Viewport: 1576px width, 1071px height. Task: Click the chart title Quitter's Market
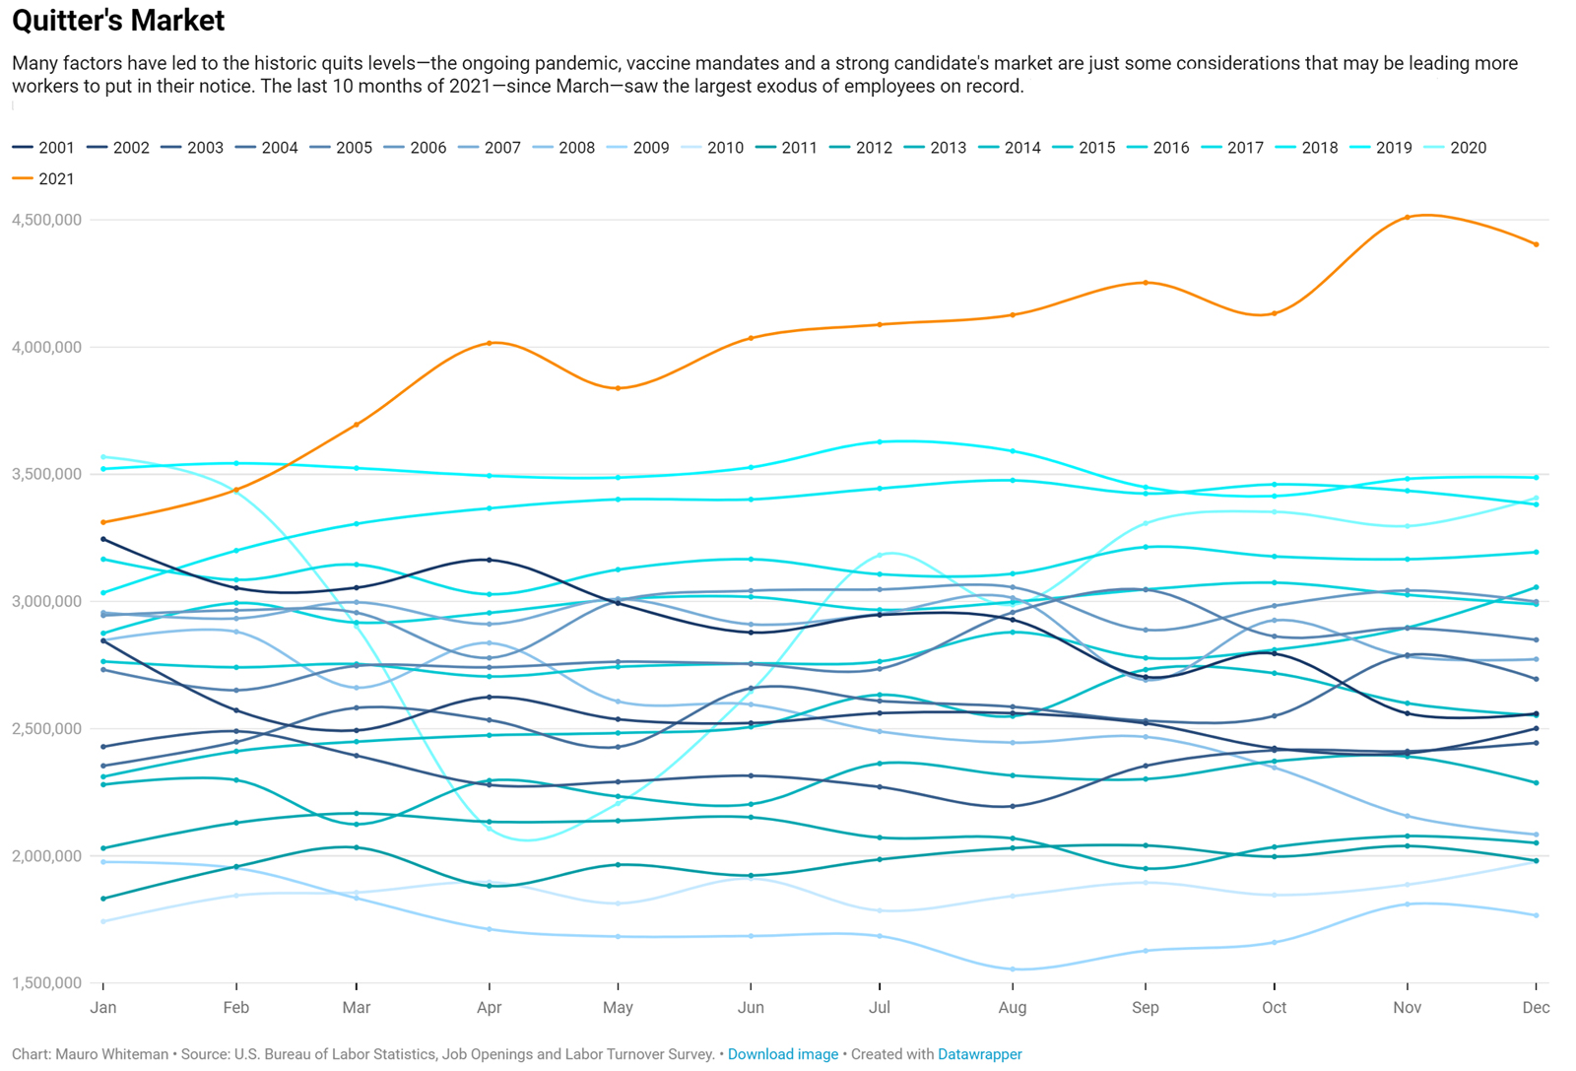click(x=118, y=21)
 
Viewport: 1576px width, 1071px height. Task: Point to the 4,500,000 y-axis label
click(x=46, y=220)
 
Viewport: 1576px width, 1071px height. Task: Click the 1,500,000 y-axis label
click(x=46, y=983)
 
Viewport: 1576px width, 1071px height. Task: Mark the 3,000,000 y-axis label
click(x=46, y=601)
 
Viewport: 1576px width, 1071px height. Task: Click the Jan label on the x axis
click(x=103, y=1008)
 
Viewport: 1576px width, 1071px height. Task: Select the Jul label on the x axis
click(x=880, y=1008)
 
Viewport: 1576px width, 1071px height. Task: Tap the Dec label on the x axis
click(x=1536, y=1008)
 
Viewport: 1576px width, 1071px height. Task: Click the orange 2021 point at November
click(x=1407, y=218)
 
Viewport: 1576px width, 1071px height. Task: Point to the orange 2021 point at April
click(x=490, y=343)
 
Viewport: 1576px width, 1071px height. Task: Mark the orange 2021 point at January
click(x=103, y=522)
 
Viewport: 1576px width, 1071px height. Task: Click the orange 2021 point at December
click(x=1537, y=244)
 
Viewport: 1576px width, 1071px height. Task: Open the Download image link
click(x=782, y=1054)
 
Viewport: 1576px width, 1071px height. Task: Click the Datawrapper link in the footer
click(x=979, y=1054)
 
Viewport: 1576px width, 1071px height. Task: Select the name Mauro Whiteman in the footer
click(x=111, y=1054)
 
